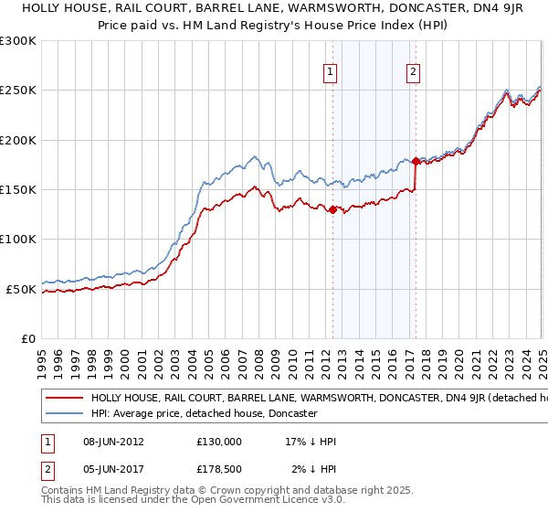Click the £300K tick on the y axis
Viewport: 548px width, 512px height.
[x=18, y=41]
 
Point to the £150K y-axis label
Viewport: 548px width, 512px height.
[x=18, y=190]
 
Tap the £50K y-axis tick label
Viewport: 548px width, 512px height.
[x=21, y=289]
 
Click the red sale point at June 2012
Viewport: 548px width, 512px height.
[x=332, y=209]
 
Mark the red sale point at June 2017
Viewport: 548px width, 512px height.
[x=416, y=161]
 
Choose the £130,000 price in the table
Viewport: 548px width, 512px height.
[x=218, y=441]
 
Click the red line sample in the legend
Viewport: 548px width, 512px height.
[x=64, y=399]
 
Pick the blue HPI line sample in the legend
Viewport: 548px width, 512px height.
[x=64, y=413]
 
